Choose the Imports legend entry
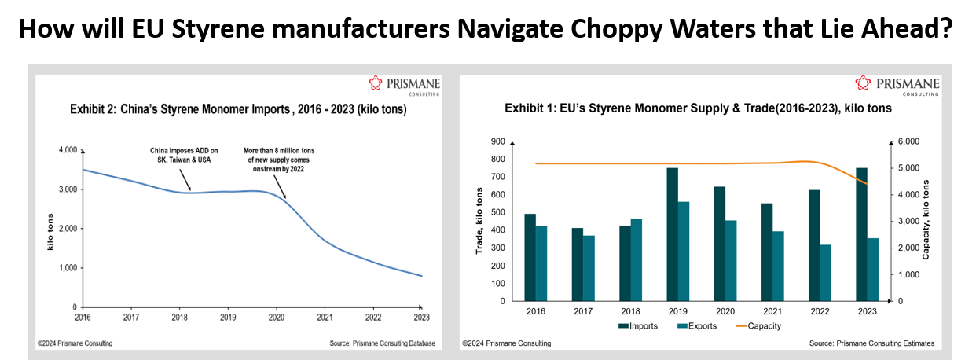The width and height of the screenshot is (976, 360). tap(639, 325)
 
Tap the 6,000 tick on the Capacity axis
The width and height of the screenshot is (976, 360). tap(907, 141)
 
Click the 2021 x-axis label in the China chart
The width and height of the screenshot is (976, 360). tap(325, 318)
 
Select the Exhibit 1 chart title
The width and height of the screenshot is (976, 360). tap(698, 109)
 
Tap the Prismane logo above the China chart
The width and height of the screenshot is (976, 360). tap(404, 84)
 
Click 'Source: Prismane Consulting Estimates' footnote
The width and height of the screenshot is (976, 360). tap(871, 343)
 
